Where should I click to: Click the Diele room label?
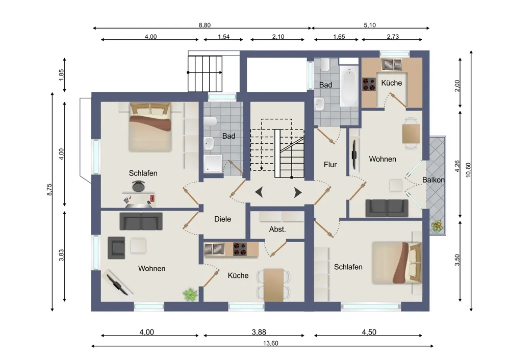pyautogui.click(x=222, y=219)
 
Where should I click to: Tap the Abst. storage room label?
pyautogui.click(x=277, y=229)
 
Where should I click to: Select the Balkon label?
pyautogui.click(x=433, y=180)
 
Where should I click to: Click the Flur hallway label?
pyautogui.click(x=330, y=165)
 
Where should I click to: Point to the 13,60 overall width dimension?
pyautogui.click(x=271, y=343)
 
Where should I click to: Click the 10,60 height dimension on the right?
pyautogui.click(x=468, y=169)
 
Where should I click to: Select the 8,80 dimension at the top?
pyautogui.click(x=205, y=25)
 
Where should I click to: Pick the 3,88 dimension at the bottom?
pyautogui.click(x=259, y=332)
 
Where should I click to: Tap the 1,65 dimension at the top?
pyautogui.click(x=339, y=37)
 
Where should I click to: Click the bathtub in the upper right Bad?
pyautogui.click(x=349, y=86)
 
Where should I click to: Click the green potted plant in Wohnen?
pyautogui.click(x=190, y=294)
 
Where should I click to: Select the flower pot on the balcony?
pyautogui.click(x=437, y=226)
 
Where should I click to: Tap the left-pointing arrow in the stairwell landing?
pyautogui.click(x=259, y=193)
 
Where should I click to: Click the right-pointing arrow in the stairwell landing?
pyautogui.click(x=298, y=193)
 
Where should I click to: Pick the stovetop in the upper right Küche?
pyautogui.click(x=369, y=84)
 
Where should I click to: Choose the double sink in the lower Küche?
pyautogui.click(x=214, y=249)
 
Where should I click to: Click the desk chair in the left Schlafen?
pyautogui.click(x=139, y=186)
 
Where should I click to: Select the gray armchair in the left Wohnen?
pyautogui.click(x=116, y=248)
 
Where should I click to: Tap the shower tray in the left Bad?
pyautogui.click(x=213, y=164)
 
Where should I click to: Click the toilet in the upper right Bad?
pyautogui.click(x=325, y=65)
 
